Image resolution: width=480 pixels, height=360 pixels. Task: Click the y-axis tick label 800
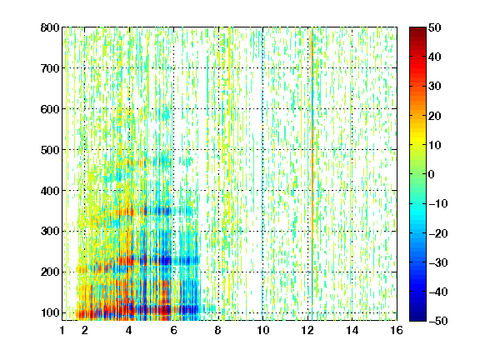50,27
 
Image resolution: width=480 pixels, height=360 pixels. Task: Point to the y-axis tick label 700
50,68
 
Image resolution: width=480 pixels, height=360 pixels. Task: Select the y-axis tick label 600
50,109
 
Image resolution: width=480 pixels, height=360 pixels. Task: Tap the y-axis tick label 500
50,150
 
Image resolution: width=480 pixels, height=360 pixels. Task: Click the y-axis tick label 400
50,191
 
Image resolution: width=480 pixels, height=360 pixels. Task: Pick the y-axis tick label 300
50,232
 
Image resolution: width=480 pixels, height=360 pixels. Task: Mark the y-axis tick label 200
50,272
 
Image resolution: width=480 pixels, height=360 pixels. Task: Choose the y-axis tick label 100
50,312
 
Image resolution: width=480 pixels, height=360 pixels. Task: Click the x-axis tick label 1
62,330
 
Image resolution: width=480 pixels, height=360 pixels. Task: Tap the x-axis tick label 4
129,330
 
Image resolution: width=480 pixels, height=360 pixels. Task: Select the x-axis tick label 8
218,330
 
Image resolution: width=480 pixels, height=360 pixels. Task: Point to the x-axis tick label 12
307,330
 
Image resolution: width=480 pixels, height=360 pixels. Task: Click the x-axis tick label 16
397,330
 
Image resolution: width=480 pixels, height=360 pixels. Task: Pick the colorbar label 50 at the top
435,27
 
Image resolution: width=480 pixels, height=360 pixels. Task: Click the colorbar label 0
432,174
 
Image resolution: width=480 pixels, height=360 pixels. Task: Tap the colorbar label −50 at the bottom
438,321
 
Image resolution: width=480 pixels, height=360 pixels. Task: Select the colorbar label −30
438,262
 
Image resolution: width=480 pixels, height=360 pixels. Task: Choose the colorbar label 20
435,116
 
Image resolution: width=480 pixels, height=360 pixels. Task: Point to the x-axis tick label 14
352,330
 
